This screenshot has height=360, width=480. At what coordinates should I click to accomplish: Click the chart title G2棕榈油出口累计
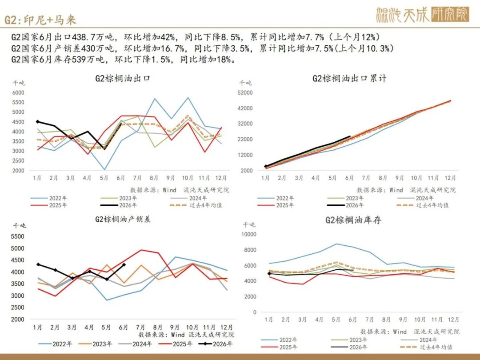349,78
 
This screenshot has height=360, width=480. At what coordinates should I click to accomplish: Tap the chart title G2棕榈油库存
353,220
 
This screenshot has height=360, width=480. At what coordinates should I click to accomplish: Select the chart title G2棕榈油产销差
123,219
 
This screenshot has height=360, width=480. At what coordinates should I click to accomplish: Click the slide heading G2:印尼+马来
40,20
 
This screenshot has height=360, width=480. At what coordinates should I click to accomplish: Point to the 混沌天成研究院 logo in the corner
423,15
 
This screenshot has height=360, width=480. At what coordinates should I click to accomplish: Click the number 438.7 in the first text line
84,37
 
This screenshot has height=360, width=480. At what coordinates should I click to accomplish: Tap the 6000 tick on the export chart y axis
18,92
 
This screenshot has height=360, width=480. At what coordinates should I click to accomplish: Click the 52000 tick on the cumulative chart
245,92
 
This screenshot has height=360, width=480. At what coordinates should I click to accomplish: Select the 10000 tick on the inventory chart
248,234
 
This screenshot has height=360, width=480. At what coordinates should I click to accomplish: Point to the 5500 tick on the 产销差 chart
17,236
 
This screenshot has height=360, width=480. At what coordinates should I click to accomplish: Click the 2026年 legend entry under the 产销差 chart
216,344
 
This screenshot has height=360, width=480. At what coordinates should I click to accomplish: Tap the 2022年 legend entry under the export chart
49,198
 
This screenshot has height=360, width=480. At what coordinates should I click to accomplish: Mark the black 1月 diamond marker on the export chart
38,121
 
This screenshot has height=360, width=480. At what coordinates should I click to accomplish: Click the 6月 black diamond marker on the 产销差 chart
124,265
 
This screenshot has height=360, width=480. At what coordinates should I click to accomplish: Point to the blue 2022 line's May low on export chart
104,169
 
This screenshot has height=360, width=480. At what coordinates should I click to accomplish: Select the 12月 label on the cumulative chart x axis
450,178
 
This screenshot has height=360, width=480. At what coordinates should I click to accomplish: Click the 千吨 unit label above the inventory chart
249,225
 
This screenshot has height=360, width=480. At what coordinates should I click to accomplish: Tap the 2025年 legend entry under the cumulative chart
276,205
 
